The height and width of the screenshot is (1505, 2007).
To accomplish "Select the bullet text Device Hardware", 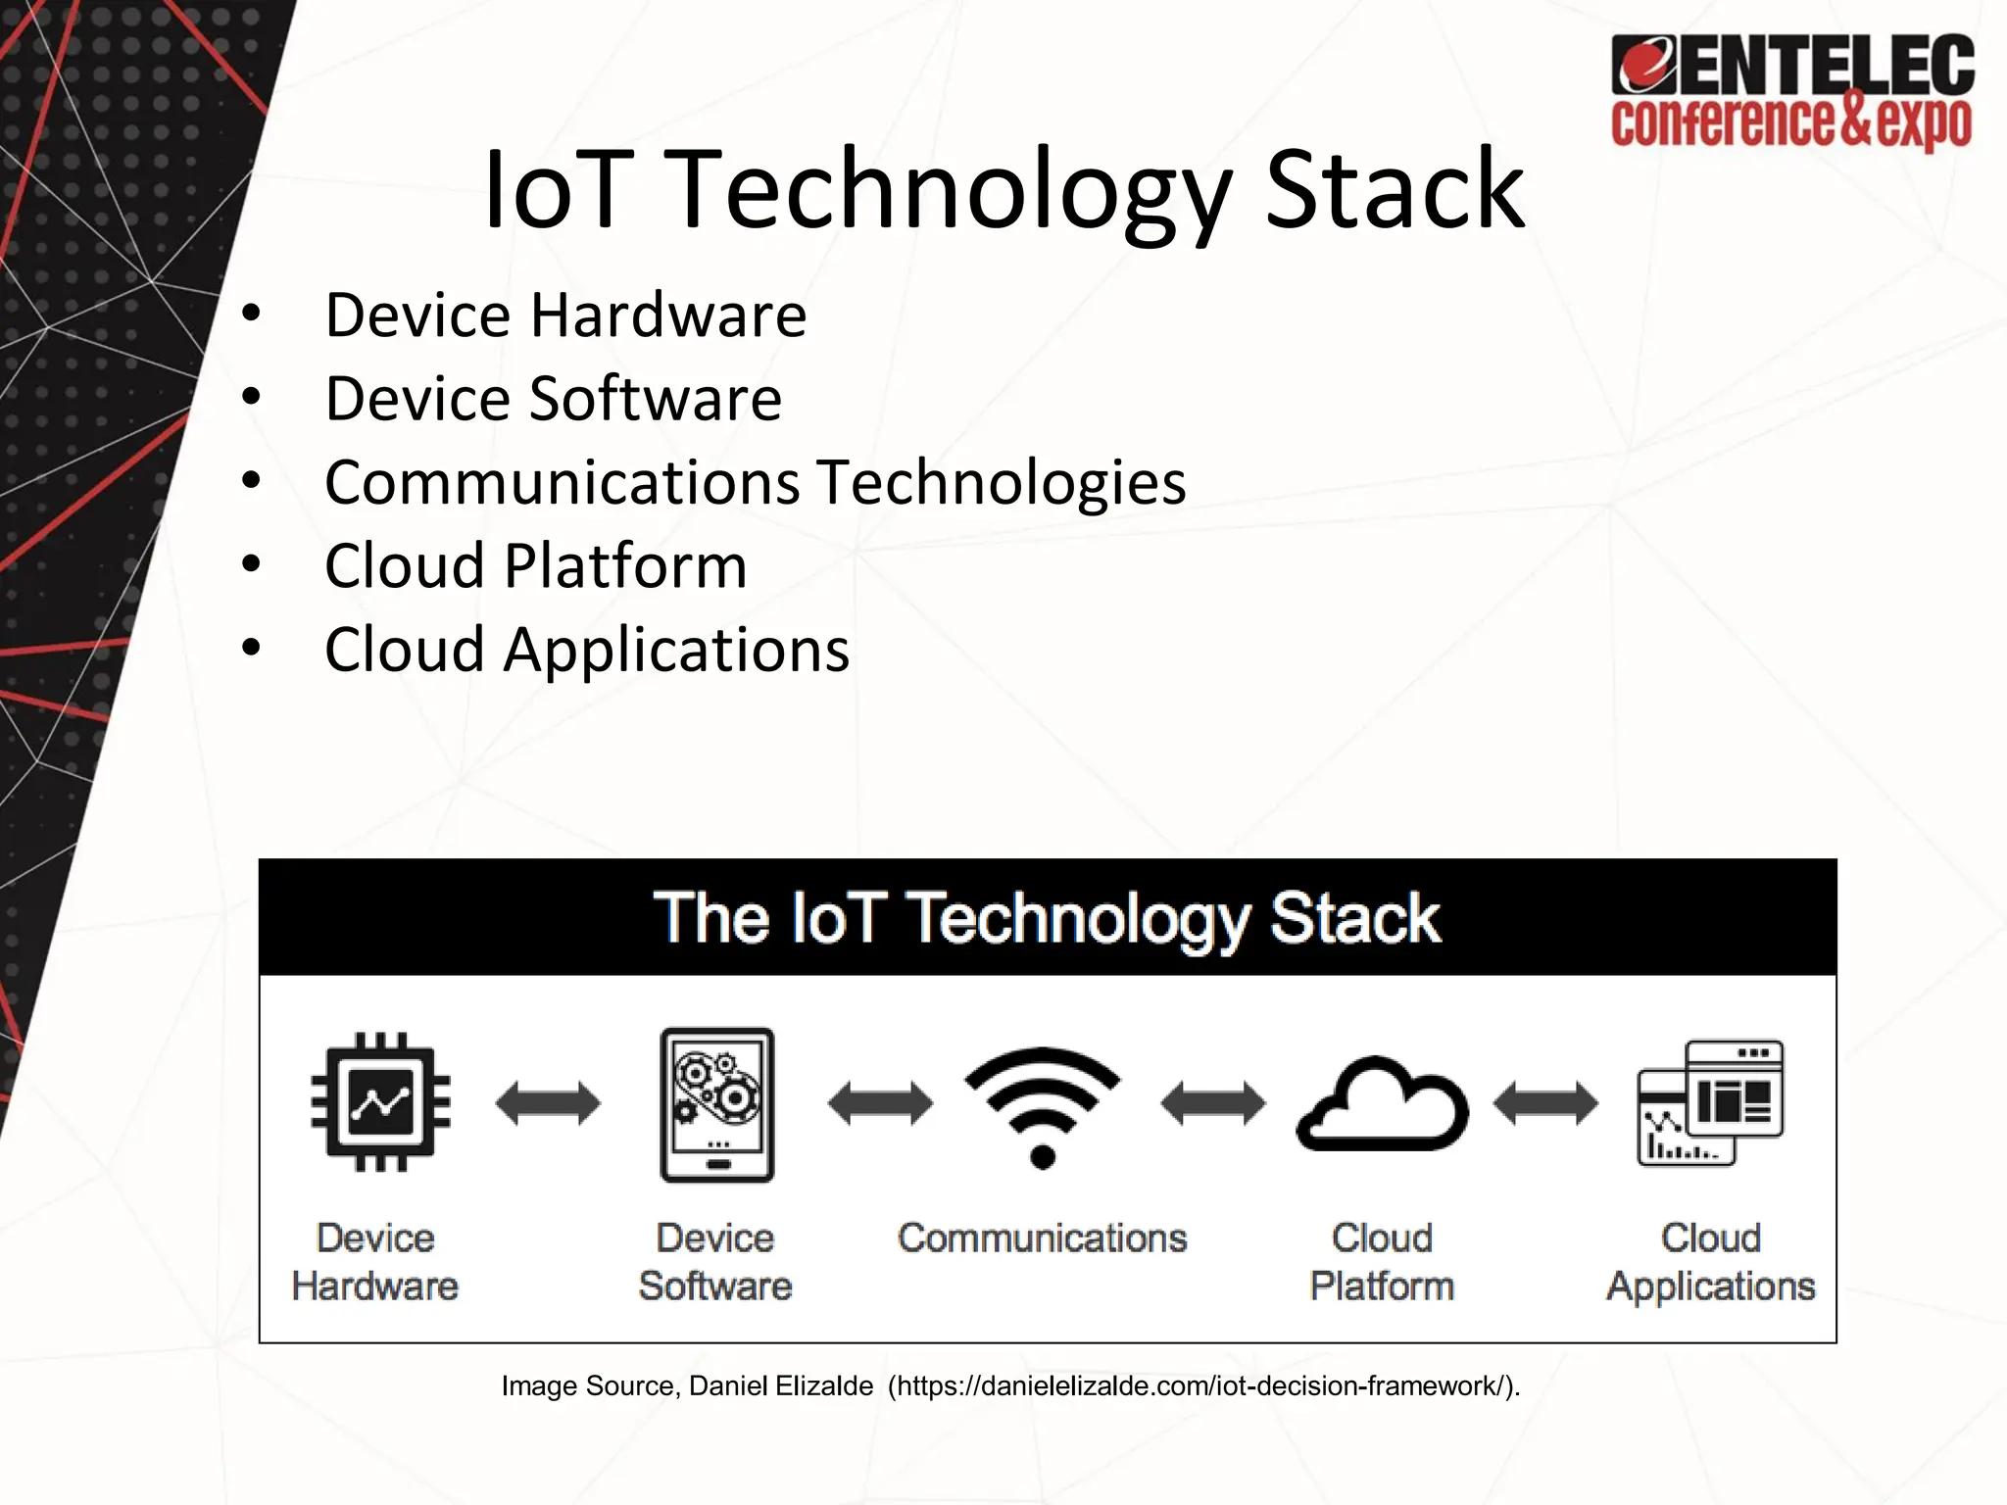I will coord(565,316).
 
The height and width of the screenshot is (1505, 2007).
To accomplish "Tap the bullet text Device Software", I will coord(553,399).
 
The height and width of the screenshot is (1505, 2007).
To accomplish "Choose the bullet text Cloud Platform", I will coord(535,566).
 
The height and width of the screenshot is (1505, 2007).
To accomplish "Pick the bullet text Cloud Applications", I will coord(586,650).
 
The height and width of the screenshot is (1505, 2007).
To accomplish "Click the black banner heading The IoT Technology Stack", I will coord(1047,918).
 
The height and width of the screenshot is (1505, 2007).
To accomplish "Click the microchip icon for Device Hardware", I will coord(380,1102).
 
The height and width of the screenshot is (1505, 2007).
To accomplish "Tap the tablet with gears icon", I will coord(717,1104).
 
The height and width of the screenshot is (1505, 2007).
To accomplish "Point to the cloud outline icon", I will coord(1382,1105).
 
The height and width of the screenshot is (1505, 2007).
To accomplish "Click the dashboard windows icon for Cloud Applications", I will coord(1711,1103).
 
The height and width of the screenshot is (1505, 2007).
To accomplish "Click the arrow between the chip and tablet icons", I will coord(548,1104).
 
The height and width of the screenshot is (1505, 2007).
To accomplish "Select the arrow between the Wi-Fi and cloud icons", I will coord(1212,1104).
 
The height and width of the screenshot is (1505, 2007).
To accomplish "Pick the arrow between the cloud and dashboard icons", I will coord(1545,1104).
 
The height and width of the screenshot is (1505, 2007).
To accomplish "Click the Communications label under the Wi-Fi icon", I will coord(1042,1238).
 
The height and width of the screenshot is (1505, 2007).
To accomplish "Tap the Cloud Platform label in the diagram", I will coord(1382,1262).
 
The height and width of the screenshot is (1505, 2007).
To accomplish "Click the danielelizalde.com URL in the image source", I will coord(1202,1386).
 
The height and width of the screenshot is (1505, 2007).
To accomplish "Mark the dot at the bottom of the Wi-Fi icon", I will coord(1043,1157).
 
